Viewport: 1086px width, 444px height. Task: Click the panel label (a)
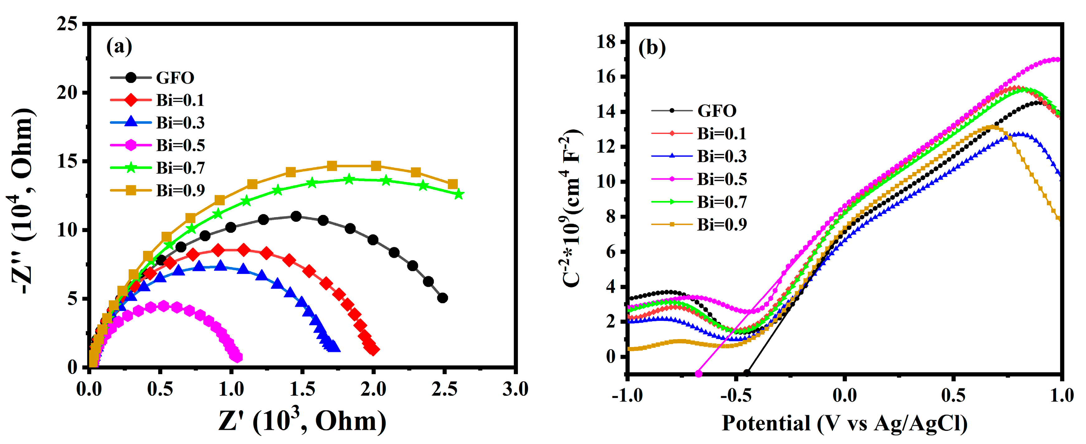tap(119, 46)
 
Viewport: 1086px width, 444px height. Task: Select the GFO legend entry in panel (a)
tap(174, 78)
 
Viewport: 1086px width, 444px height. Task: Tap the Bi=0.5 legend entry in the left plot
tap(180, 146)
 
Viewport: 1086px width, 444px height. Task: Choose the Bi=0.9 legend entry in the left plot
tap(180, 191)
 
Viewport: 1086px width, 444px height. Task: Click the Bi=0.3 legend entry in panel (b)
tap(721, 156)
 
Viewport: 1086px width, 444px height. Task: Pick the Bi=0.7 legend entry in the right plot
tap(721, 202)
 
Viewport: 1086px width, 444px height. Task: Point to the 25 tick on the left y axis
tap(68, 24)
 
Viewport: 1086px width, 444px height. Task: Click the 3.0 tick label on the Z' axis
tap(515, 389)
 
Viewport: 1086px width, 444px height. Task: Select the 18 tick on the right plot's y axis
tap(606, 42)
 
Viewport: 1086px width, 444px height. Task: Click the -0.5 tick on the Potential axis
tap(735, 395)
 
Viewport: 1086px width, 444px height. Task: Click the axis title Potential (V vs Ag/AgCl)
tap(844, 423)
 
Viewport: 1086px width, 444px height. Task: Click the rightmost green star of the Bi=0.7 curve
tap(459, 194)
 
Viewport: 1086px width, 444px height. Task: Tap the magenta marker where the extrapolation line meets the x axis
tap(699, 374)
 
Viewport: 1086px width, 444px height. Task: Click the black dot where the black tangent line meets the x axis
tap(747, 373)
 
